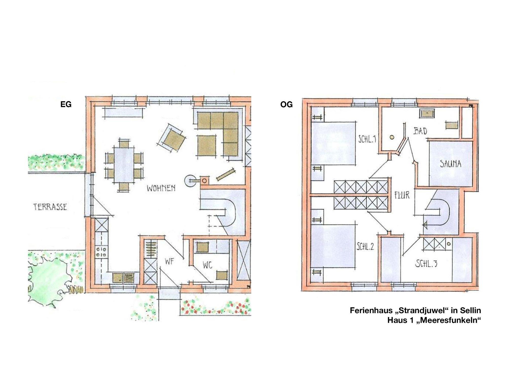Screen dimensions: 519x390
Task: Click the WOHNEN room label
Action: [161, 188]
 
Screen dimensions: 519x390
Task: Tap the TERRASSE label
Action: [50, 207]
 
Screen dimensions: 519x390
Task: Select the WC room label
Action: [207, 265]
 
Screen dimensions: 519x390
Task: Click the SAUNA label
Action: [450, 164]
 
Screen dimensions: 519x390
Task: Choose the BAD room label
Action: [420, 131]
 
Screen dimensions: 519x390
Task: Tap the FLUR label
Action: [402, 195]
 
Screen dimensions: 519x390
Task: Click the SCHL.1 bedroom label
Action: [367, 139]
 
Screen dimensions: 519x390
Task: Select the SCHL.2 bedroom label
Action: [365, 247]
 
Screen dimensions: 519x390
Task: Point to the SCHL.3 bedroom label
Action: [426, 264]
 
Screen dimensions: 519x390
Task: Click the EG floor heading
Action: [66, 104]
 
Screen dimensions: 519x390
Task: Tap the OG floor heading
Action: [286, 104]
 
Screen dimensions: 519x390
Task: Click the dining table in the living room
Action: [124, 165]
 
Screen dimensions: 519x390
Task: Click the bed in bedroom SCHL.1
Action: [333, 143]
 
